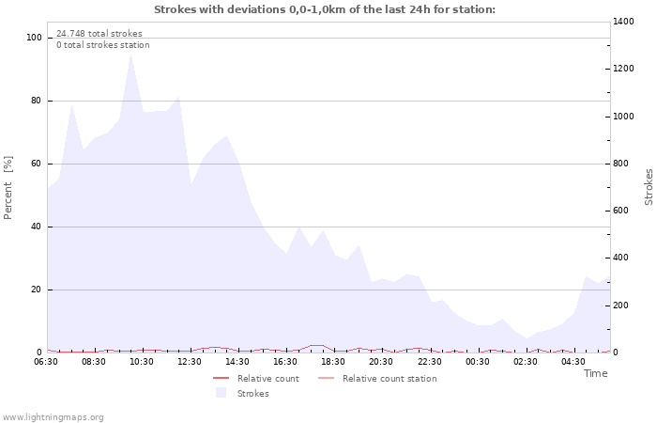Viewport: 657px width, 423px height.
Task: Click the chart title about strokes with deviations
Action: click(325, 9)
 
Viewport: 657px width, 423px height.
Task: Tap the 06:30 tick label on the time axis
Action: click(47, 361)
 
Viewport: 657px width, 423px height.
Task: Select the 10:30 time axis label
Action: click(143, 361)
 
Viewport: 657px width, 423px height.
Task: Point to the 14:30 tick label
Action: click(238, 361)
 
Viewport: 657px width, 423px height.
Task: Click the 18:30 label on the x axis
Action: click(334, 361)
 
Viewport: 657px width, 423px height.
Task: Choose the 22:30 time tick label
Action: click(430, 361)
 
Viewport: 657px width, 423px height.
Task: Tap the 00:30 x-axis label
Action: click(478, 361)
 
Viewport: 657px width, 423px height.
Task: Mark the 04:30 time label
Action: click(573, 361)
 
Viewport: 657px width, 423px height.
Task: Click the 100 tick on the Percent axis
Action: click(35, 38)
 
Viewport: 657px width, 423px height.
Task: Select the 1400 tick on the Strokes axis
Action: click(627, 22)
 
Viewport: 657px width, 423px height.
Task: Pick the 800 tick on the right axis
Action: click(624, 164)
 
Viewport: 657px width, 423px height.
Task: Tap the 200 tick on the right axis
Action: click(624, 305)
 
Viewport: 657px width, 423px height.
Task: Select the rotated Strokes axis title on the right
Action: click(649, 187)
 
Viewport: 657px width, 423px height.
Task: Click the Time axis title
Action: click(595, 373)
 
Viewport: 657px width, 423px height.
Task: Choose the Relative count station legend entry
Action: click(389, 379)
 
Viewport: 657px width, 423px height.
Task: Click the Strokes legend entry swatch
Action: click(221, 393)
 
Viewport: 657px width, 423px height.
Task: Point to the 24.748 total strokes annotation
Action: click(99, 33)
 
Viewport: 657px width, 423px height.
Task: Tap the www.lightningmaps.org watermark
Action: click(53, 416)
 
